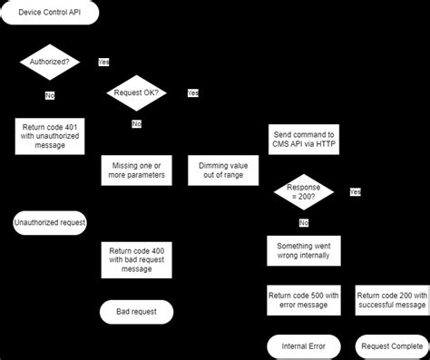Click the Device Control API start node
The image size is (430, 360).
pyautogui.click(x=48, y=14)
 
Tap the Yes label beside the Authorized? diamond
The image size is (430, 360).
pyautogui.click(x=103, y=63)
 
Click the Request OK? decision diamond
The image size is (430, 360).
pyautogui.click(x=137, y=93)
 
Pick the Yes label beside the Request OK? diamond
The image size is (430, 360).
pyautogui.click(x=193, y=92)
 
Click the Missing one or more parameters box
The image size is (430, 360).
pyautogui.click(x=133, y=170)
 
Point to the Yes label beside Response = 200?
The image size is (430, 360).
pyautogui.click(x=355, y=192)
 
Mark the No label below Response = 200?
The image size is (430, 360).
pyautogui.click(x=304, y=222)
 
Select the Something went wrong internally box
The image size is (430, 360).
pyautogui.click(x=304, y=250)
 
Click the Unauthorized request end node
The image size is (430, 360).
pyautogui.click(x=50, y=222)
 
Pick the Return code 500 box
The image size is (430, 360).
pyautogui.click(x=304, y=300)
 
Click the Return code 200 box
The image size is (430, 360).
pyautogui.click(x=390, y=300)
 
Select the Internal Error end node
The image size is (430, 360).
pyautogui.click(x=304, y=345)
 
